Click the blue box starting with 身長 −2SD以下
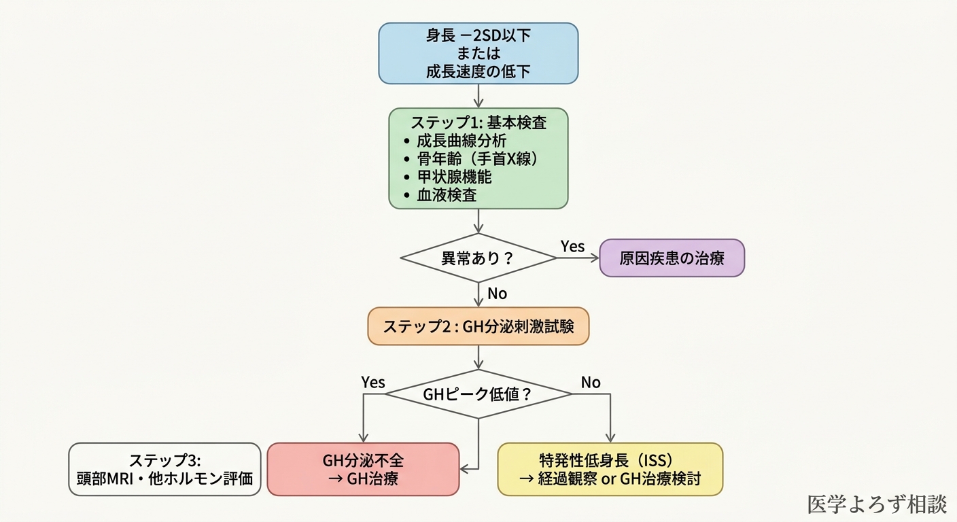click(478, 53)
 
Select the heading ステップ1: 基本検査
click(478, 123)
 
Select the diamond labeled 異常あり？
click(478, 258)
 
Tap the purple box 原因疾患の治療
click(672, 258)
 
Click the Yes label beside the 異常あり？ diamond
click(572, 246)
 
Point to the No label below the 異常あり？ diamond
click(497, 294)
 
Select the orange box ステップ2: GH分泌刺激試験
click(478, 326)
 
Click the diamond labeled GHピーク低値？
click(478, 394)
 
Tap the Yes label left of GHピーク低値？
click(373, 382)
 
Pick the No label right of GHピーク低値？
click(591, 382)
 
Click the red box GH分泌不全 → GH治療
click(363, 469)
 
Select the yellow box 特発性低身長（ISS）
click(610, 469)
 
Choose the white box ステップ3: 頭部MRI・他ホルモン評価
click(164, 469)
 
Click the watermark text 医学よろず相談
click(877, 504)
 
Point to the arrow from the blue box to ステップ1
click(478, 95)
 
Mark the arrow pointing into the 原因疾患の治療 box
click(578, 258)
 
